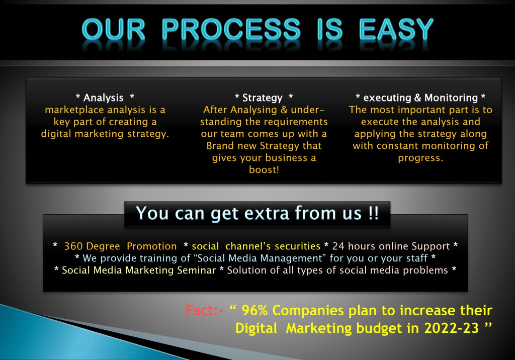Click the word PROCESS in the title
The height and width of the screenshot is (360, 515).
231,30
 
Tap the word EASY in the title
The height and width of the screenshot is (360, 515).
396,30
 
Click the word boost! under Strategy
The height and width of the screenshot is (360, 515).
264,169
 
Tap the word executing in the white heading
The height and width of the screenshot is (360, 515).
387,98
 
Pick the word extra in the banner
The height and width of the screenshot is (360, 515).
267,213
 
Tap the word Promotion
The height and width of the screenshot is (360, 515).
152,246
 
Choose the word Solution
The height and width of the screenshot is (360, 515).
242,270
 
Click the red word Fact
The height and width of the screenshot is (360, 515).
199,310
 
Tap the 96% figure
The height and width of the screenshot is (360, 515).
255,310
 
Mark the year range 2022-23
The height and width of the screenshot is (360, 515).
451,328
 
